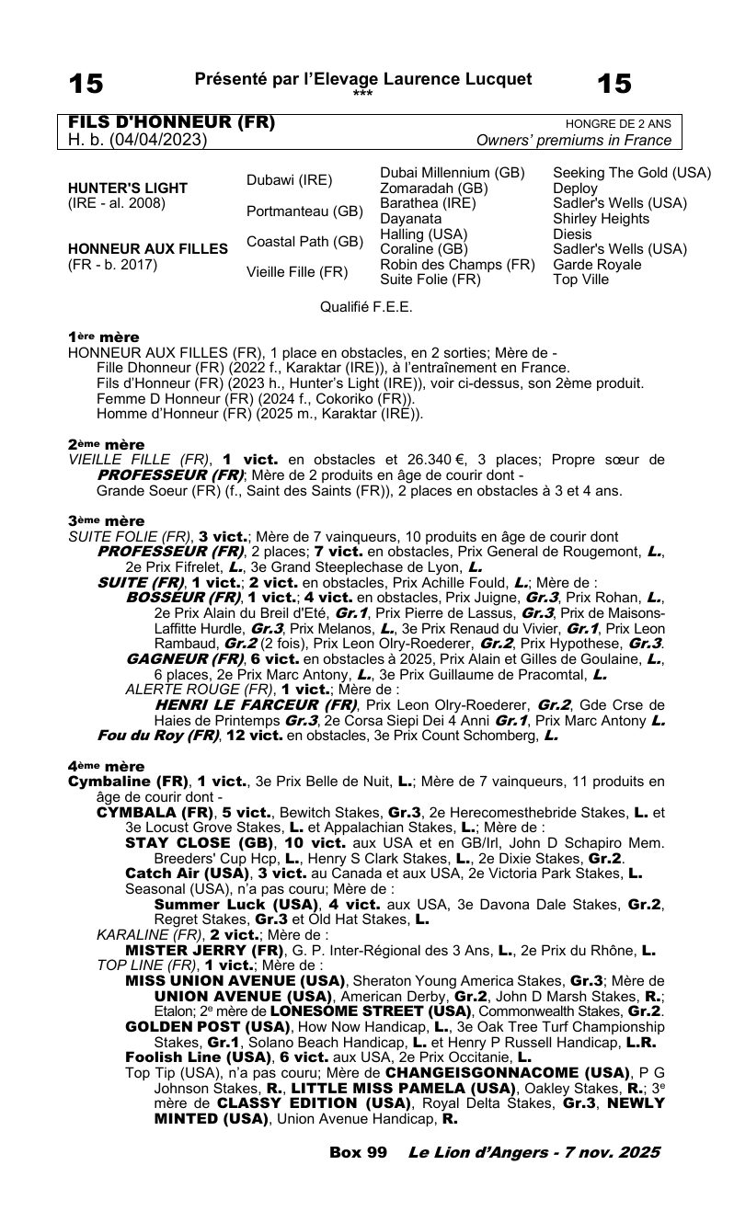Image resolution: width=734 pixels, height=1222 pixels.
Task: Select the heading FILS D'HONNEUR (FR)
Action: click(172, 123)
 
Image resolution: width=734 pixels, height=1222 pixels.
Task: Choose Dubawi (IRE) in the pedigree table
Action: click(289, 180)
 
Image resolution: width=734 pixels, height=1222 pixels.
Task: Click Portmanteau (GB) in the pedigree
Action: click(304, 211)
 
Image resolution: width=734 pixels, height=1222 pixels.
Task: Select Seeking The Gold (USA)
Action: click(632, 173)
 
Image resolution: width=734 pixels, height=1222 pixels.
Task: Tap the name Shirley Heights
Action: click(601, 219)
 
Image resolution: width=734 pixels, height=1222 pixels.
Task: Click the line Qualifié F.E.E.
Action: click(366, 307)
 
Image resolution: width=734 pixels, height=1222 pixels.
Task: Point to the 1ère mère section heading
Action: click(104, 337)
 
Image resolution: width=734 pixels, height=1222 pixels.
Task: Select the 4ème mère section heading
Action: click(105, 766)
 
